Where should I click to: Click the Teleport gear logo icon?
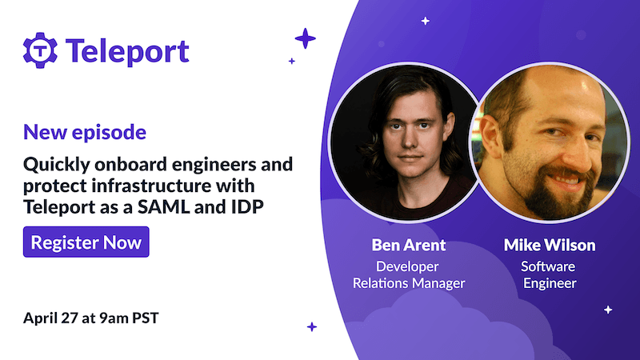click(x=38, y=50)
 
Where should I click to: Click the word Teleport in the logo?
click(x=127, y=50)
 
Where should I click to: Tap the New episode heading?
click(x=85, y=130)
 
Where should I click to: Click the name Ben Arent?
click(x=409, y=244)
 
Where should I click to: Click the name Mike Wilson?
click(x=548, y=244)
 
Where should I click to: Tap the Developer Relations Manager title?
click(x=409, y=274)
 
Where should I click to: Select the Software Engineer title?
click(x=548, y=274)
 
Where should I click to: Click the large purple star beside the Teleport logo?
click(x=305, y=38)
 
